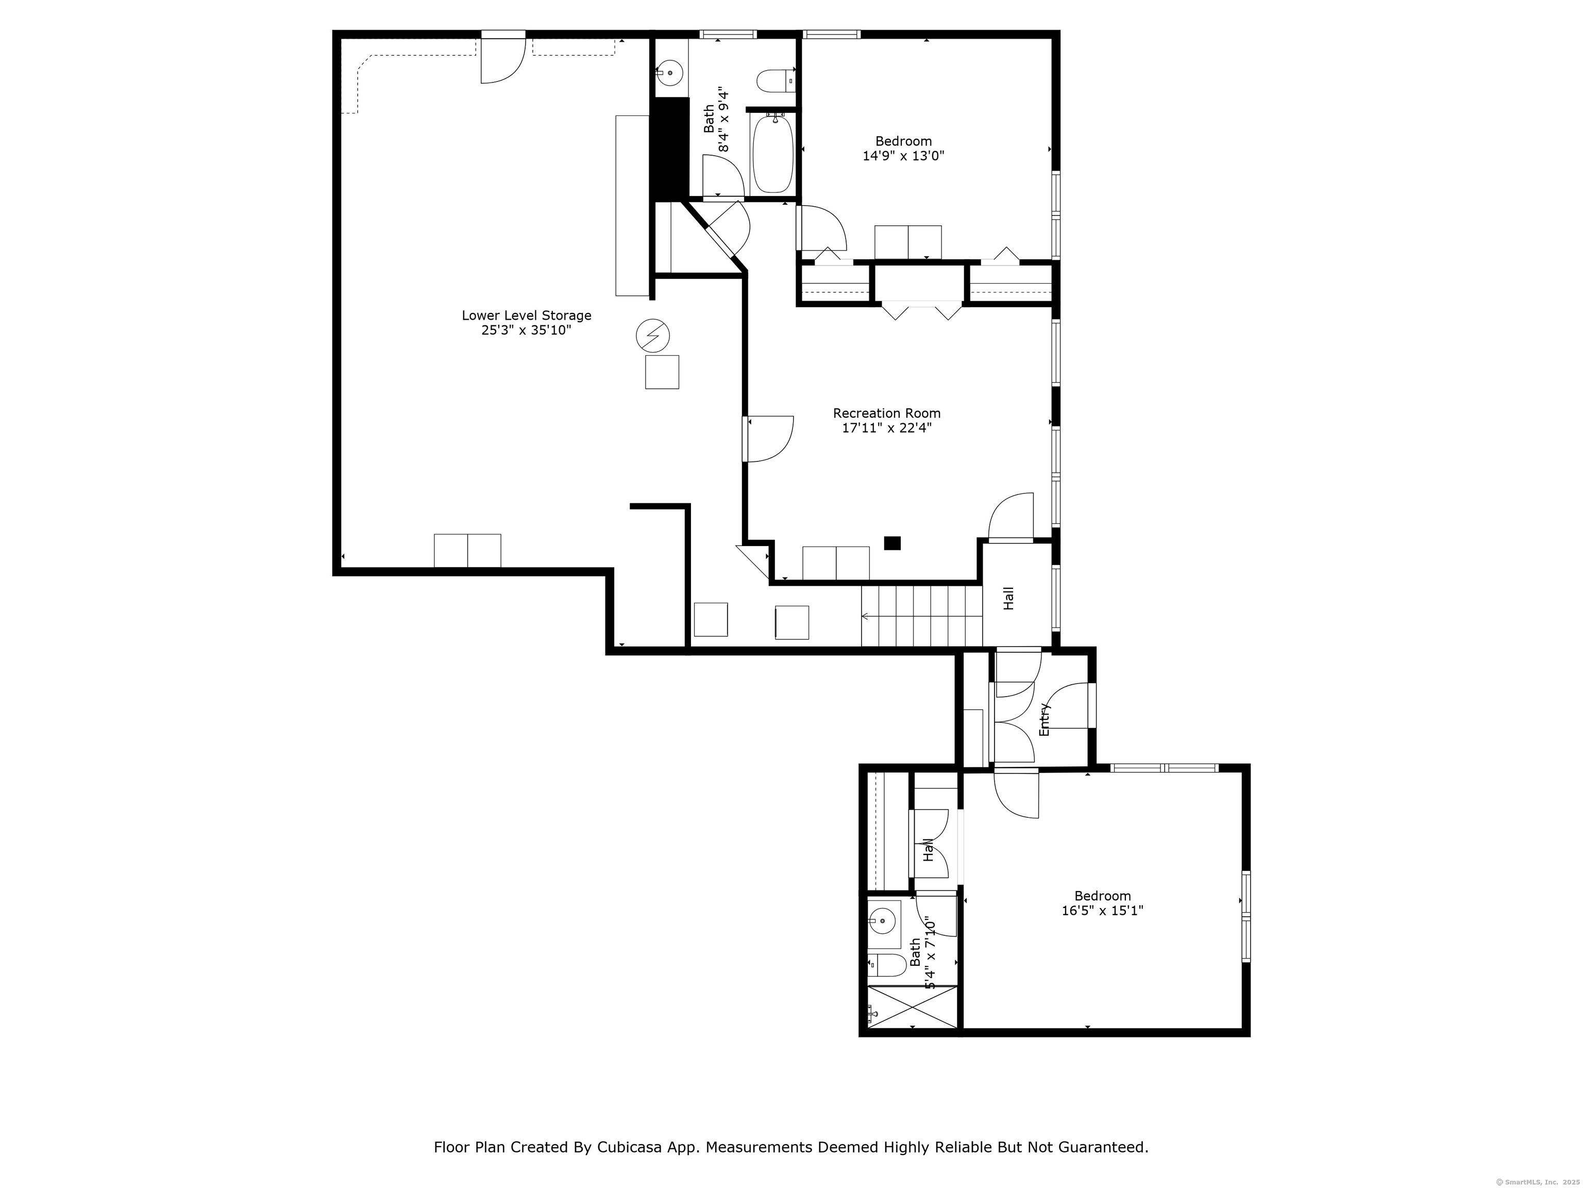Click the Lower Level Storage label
coord(526,315)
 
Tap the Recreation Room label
coord(887,413)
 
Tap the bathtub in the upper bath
coord(773,153)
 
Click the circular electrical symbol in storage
coord(653,335)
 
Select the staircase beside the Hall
coord(922,616)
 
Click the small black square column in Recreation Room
coord(891,543)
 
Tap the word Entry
coord(1044,720)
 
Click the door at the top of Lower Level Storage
coord(503,57)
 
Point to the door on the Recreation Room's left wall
coord(768,438)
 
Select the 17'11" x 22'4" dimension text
coord(887,428)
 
